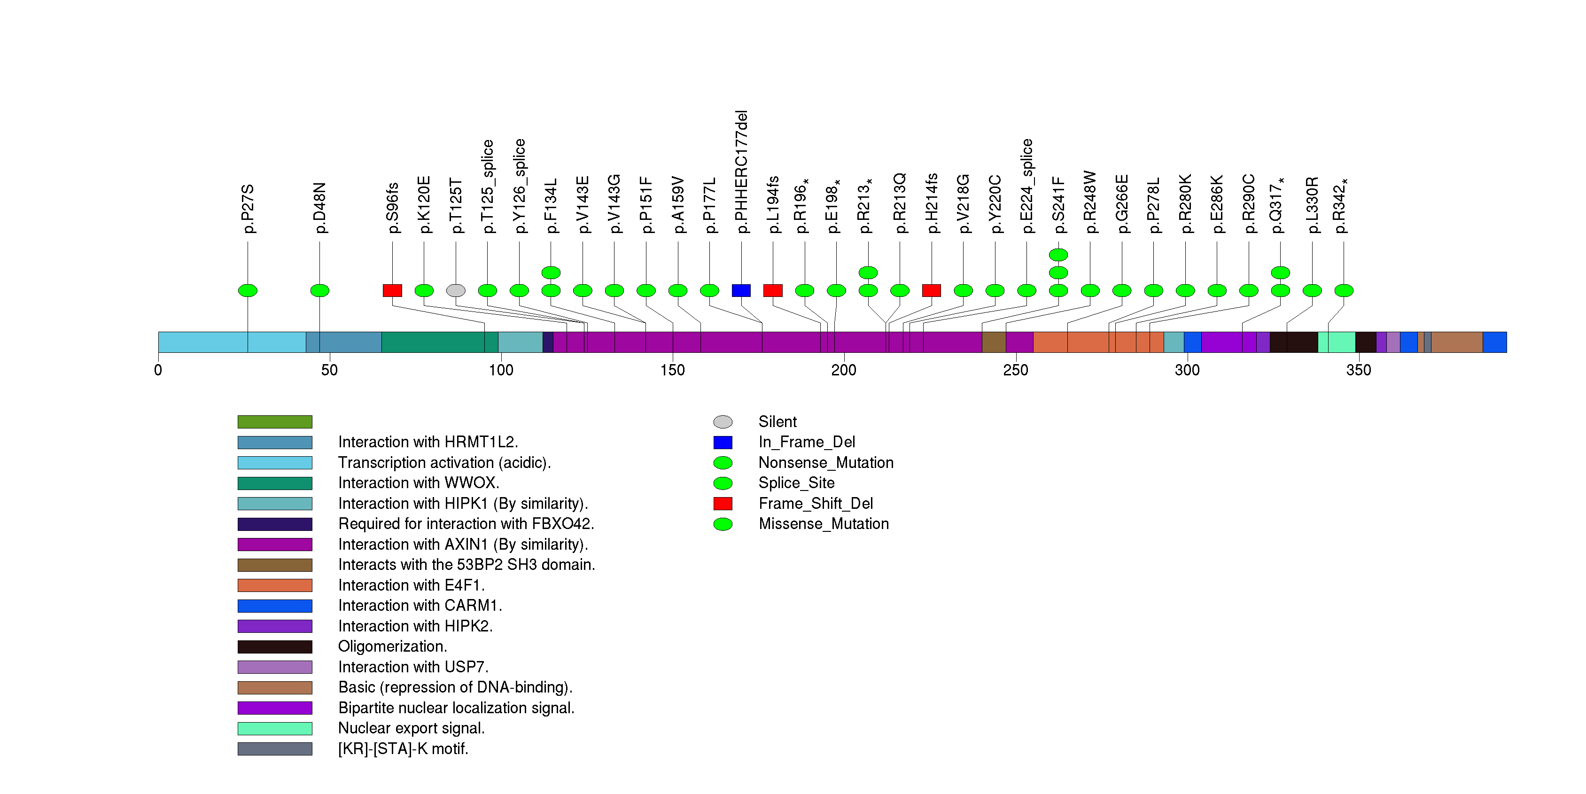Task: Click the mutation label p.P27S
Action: point(248,208)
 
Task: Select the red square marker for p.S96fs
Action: point(392,290)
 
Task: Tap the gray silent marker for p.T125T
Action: point(456,290)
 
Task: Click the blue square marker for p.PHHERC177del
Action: point(741,290)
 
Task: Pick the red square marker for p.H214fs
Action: point(932,290)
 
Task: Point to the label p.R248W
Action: point(1090,202)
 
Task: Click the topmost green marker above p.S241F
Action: point(1058,255)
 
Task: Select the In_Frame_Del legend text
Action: point(807,443)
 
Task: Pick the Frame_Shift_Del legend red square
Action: point(723,504)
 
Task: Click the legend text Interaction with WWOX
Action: point(419,483)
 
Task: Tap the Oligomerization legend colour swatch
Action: point(275,647)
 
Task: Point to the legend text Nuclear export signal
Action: point(411,728)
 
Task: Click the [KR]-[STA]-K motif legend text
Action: point(403,749)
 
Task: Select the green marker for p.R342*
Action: point(1344,290)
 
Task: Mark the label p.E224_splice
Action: point(1026,186)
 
